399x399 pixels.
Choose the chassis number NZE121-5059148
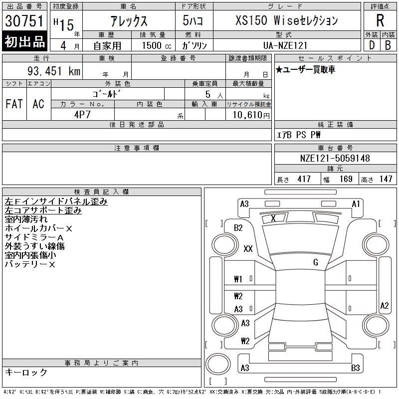pyautogui.click(x=335, y=159)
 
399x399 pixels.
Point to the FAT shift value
pyautogui.click(x=14, y=104)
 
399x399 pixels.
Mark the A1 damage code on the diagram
pyautogui.click(x=356, y=203)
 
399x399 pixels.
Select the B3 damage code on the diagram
pyautogui.click(x=356, y=368)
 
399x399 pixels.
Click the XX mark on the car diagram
pyautogui.click(x=248, y=249)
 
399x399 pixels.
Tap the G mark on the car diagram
pyautogui.click(x=316, y=262)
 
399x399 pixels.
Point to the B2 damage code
pyautogui.click(x=238, y=228)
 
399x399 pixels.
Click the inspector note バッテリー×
pyautogui.click(x=30, y=264)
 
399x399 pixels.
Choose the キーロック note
pyautogui.click(x=26, y=372)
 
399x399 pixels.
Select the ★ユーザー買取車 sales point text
pyautogui.click(x=305, y=69)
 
